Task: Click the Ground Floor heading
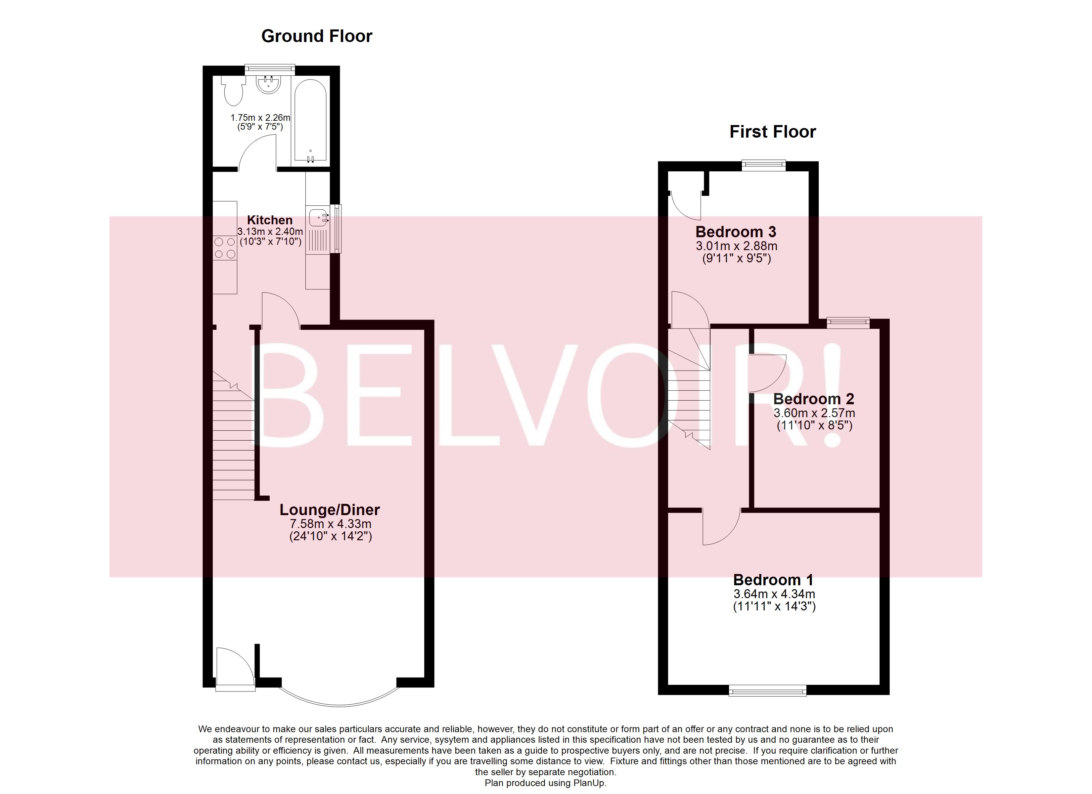click(316, 36)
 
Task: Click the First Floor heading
click(772, 131)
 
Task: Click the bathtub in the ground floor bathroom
click(310, 120)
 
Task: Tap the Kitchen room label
click(270, 220)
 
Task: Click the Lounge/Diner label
click(330, 509)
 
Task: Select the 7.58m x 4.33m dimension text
click(330, 524)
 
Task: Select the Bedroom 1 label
click(773, 579)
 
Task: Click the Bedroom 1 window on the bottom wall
click(767, 692)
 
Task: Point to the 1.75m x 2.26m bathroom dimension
click(260, 117)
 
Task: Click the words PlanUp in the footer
click(589, 783)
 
